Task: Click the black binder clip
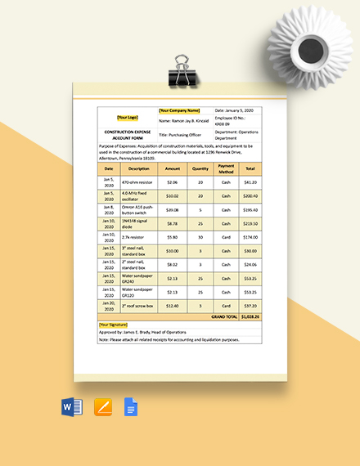(x=179, y=74)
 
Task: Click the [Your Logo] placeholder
(x=127, y=116)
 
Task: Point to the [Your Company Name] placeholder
(x=179, y=110)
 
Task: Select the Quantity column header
(x=200, y=168)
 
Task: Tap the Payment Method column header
(x=227, y=168)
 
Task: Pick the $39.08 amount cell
(x=172, y=210)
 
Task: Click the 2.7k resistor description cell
(x=133, y=237)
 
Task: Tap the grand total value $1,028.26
(x=250, y=317)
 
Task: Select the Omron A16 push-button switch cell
(x=138, y=210)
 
